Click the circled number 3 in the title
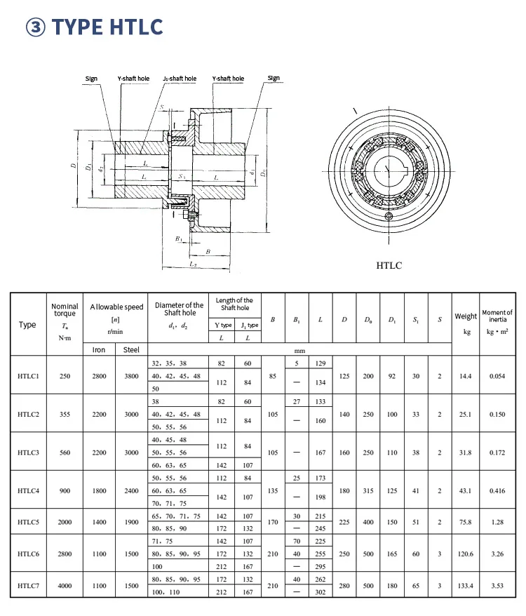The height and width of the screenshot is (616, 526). click(x=36, y=27)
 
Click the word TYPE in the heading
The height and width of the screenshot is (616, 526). click(x=79, y=27)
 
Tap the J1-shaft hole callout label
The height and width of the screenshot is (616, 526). click(x=179, y=79)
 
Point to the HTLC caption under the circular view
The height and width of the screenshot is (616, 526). click(x=389, y=265)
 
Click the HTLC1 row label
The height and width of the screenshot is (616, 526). click(x=29, y=376)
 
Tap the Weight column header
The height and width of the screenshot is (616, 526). click(x=466, y=316)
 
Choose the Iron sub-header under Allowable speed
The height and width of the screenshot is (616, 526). click(x=99, y=349)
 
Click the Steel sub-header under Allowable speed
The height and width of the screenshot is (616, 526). click(x=131, y=349)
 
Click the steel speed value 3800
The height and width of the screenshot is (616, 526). click(x=131, y=376)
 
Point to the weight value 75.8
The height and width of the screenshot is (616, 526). click(x=466, y=521)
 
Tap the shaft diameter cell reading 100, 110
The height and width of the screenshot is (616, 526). click(x=166, y=593)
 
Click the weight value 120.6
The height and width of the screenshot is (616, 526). click(x=466, y=554)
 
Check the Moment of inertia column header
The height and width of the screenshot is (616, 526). click(x=497, y=316)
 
